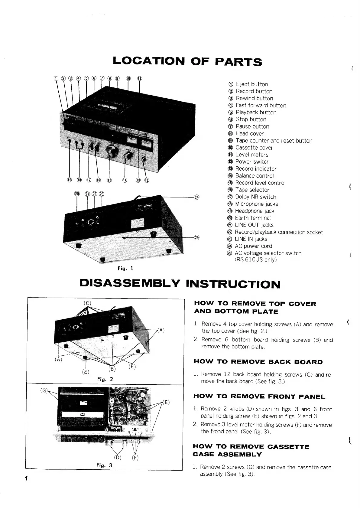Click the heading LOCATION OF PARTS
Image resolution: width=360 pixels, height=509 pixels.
[187, 61]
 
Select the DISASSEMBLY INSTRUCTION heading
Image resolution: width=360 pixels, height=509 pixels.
[180, 284]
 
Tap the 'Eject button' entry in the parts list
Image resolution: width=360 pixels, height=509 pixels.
[251, 84]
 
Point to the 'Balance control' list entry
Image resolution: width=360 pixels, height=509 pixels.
[254, 176]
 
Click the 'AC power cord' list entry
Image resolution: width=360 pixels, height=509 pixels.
[253, 246]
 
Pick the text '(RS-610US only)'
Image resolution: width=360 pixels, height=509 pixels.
[256, 259]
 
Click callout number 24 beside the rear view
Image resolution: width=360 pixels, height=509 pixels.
[197, 197]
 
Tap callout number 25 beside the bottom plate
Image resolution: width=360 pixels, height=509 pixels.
[197, 237]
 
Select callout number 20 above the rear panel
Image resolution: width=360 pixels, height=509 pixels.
[77, 194]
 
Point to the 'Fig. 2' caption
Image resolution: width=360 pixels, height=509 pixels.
[105, 379]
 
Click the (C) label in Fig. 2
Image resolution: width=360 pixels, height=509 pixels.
[87, 303]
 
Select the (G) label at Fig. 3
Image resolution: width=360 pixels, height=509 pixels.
[44, 390]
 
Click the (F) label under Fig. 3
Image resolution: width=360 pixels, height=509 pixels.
[135, 457]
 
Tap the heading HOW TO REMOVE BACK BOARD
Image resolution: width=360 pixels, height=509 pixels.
[258, 362]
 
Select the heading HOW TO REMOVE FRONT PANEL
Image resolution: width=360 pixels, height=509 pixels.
[259, 396]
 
